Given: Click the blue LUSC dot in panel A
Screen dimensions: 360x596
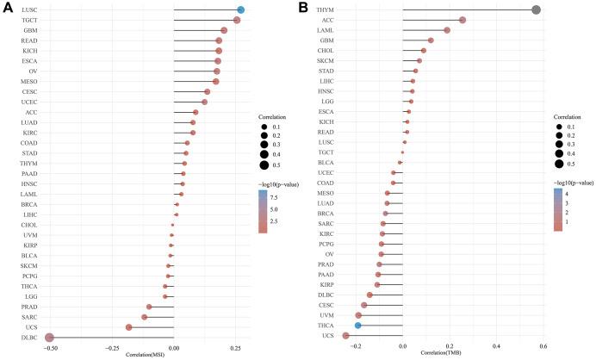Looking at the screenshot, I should tap(241, 9).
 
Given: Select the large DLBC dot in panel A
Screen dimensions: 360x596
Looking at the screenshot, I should tap(50, 338).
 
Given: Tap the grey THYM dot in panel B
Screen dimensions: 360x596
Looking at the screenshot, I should tap(537, 9).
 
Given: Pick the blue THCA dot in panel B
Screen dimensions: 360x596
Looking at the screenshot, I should tap(358, 326).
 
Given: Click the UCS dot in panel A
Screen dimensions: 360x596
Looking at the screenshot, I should tap(128, 327).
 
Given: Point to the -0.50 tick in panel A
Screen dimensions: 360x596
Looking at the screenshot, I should tap(50, 347).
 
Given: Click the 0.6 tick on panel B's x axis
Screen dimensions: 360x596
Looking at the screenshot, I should tap(543, 347).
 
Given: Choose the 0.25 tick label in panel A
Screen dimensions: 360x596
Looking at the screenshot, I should tap(236, 347).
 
